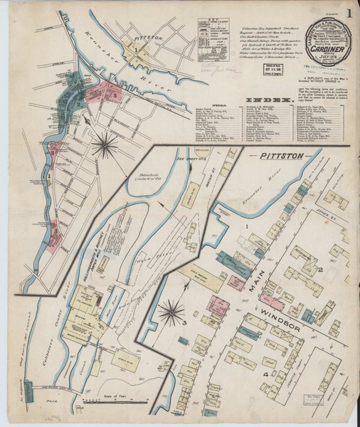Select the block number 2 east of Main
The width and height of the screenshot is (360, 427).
pyautogui.click(x=322, y=268)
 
